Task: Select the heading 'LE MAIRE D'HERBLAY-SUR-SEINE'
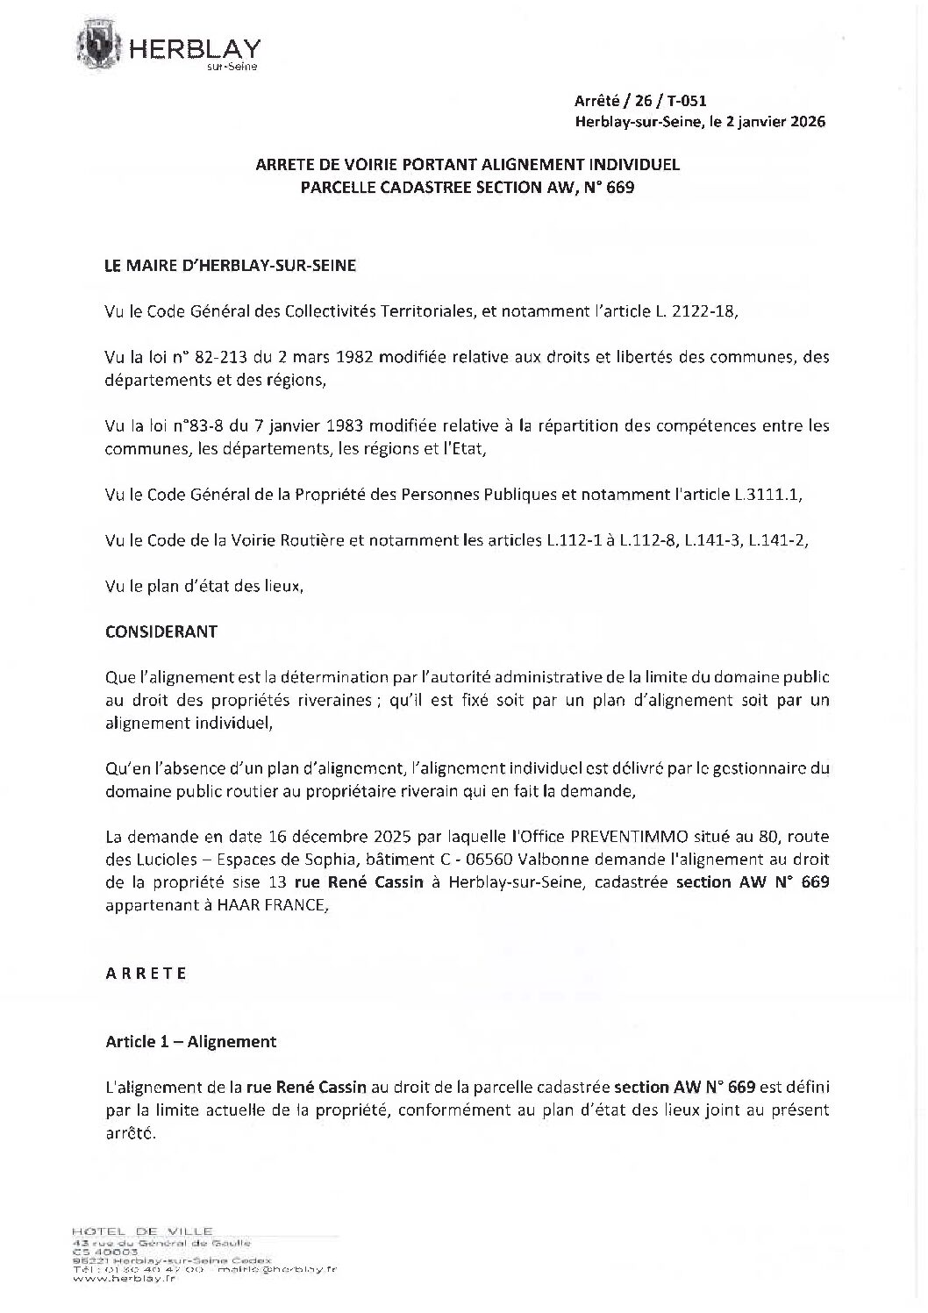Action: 231,266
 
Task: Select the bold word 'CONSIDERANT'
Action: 161,632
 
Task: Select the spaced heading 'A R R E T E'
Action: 146,974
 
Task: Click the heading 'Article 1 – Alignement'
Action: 190,1042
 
